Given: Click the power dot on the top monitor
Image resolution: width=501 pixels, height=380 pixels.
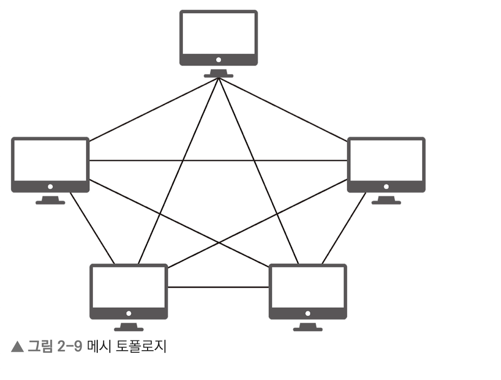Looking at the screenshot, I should coord(218,60).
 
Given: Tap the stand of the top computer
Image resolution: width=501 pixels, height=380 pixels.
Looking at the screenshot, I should coord(218,73).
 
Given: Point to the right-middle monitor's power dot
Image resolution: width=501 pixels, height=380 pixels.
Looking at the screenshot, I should coord(386,187).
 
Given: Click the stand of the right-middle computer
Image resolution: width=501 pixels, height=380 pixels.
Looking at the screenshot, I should coord(386,200).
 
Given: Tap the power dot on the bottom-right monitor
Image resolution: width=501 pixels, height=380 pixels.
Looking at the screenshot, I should coord(308,314).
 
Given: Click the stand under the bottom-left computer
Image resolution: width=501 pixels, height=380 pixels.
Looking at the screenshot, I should coord(128,326).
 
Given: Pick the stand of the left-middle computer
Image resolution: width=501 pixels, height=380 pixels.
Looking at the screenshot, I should coord(50,200).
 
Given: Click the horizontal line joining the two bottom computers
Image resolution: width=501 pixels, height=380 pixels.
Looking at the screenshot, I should coord(218,287).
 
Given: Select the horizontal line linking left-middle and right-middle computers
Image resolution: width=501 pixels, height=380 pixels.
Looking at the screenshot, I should coord(218,160).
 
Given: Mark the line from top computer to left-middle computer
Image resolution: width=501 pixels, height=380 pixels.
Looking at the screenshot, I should coord(153,110).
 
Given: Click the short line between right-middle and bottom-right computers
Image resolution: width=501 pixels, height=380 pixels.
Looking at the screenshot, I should coord(343,229).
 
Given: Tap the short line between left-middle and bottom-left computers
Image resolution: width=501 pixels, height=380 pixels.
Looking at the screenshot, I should coord(92,229).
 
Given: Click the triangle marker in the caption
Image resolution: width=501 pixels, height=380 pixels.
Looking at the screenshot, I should coord(17,348).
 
